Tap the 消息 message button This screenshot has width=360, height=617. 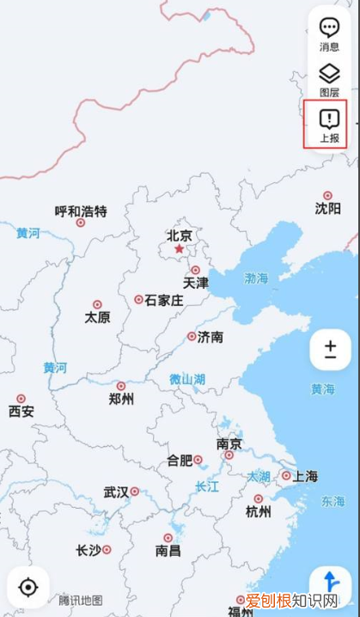pos(329,34)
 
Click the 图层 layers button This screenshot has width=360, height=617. pos(329,79)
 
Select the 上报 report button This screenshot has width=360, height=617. pos(329,125)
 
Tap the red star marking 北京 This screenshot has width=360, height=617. pos(179,249)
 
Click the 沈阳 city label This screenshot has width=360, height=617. pos(327,208)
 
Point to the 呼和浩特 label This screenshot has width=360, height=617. pos(81,211)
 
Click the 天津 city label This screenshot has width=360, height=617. pos(195,282)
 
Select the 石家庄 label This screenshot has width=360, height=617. pos(163,300)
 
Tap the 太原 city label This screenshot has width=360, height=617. pos(97,316)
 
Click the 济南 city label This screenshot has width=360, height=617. pos(211,337)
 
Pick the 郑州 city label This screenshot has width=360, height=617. pos(121,399)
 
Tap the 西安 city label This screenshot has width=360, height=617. pos(21,411)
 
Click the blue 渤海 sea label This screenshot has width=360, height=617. pos(256,278)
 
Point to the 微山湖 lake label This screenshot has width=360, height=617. pos(186,378)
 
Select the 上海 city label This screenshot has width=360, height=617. pos(305,475)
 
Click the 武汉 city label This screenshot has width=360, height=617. pos(116,492)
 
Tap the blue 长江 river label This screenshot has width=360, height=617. pos(207,486)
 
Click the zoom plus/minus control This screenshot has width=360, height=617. pos(331,349)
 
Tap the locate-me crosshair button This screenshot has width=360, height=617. pos(28,588)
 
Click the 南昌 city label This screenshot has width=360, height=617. pos(168,550)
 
